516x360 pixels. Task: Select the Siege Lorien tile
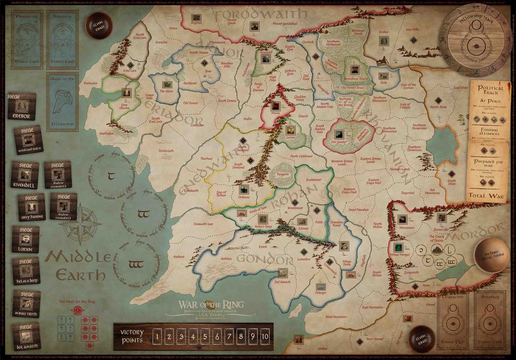pyautogui.click(x=26, y=239)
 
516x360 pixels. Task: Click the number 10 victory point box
pyautogui.click(x=265, y=336)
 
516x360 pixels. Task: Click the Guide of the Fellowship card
pyautogui.click(x=62, y=101)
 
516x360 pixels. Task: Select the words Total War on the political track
pyautogui.click(x=487, y=194)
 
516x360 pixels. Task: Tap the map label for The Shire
pyautogui.click(x=166, y=91)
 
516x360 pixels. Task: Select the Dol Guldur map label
pyautogui.click(x=339, y=142)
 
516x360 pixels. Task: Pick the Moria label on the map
pyautogui.click(x=276, y=113)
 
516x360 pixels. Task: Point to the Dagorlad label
pyautogui.click(x=407, y=192)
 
